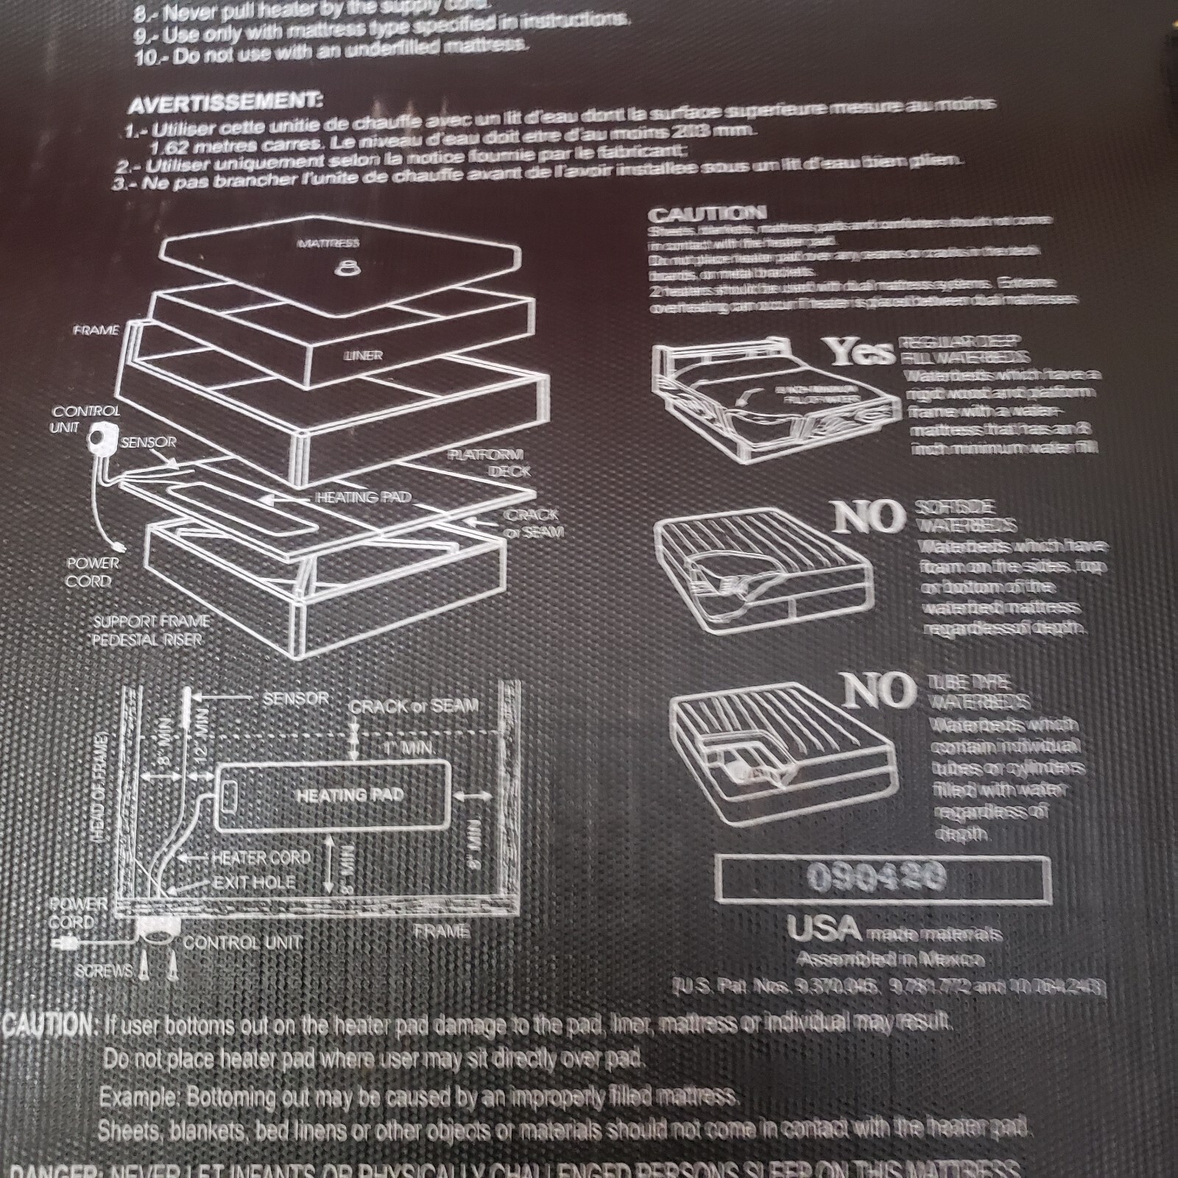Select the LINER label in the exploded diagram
(362, 356)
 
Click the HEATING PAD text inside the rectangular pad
(350, 795)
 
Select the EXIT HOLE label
(253, 882)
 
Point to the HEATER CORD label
(261, 858)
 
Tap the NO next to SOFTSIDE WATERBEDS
(869, 517)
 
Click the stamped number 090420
(876, 876)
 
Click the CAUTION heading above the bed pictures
(706, 214)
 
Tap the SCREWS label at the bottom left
(103, 971)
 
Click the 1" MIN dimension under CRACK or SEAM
(407, 748)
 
